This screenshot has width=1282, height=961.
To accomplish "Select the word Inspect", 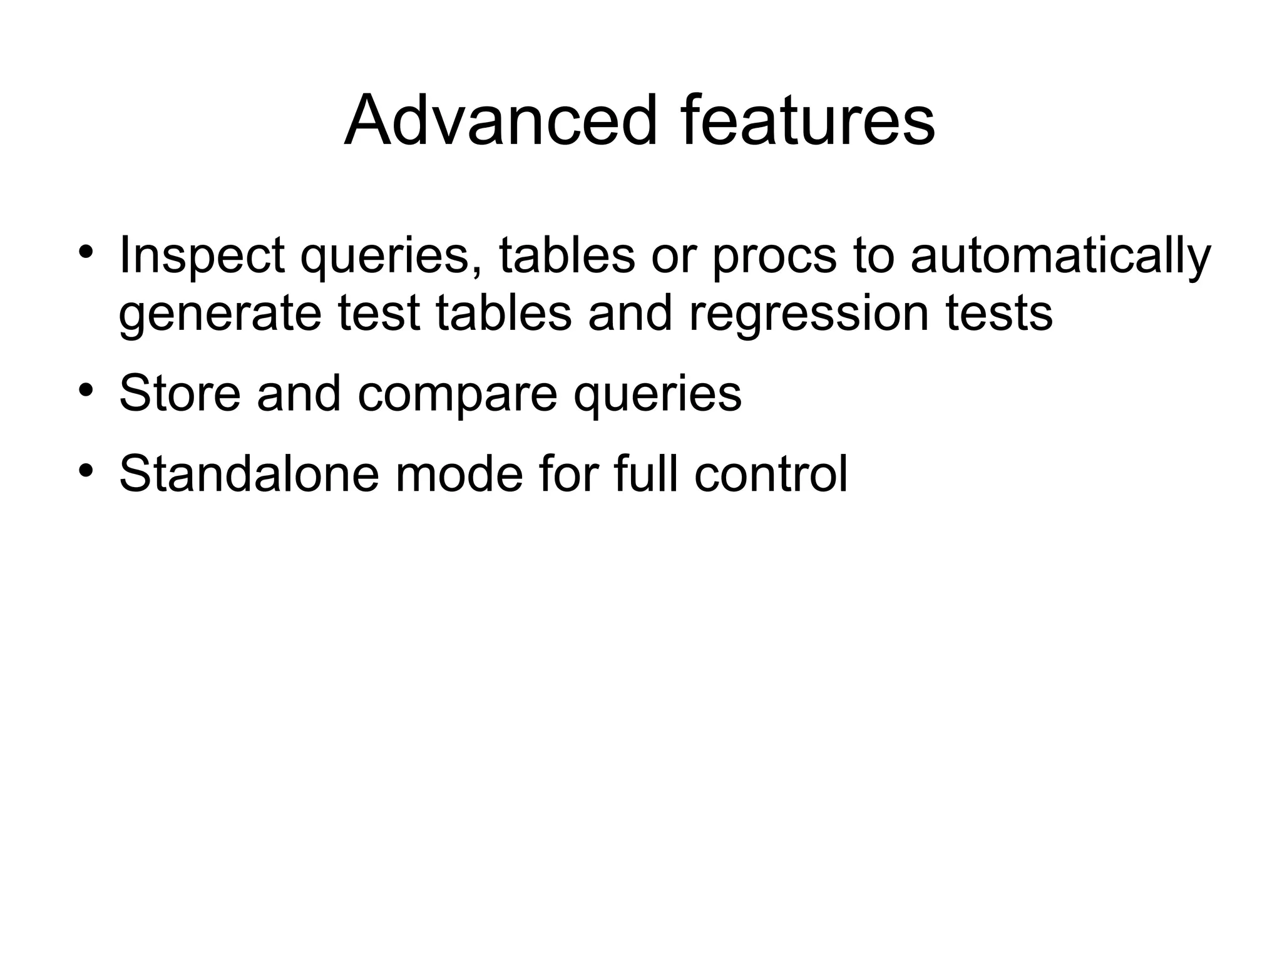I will click(202, 256).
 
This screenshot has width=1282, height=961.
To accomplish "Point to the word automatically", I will click(1060, 256).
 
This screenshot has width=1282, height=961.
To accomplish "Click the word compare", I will click(457, 394).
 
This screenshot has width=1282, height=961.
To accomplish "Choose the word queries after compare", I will click(657, 394).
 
